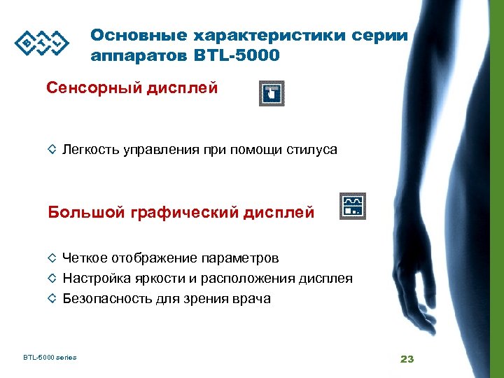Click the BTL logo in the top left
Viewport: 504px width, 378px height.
(43, 43)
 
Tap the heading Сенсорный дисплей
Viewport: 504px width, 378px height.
(132, 89)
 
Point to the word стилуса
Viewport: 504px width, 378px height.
(312, 149)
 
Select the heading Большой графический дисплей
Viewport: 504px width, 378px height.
(181, 211)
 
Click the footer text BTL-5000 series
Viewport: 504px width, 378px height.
(49, 358)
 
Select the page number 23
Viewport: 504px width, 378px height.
(407, 359)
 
